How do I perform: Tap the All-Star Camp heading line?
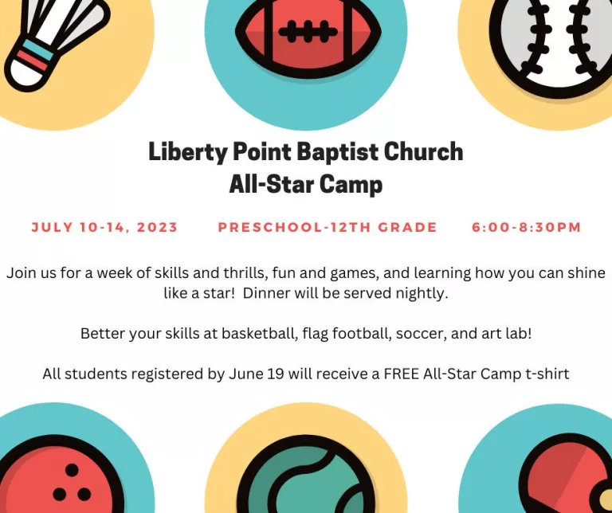tap(306, 185)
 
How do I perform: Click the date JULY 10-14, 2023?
tap(104, 228)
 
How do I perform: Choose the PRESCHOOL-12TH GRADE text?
tap(328, 228)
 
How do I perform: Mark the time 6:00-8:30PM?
tap(526, 228)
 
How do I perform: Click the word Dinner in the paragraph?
tap(267, 293)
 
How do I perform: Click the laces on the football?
tap(307, 33)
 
